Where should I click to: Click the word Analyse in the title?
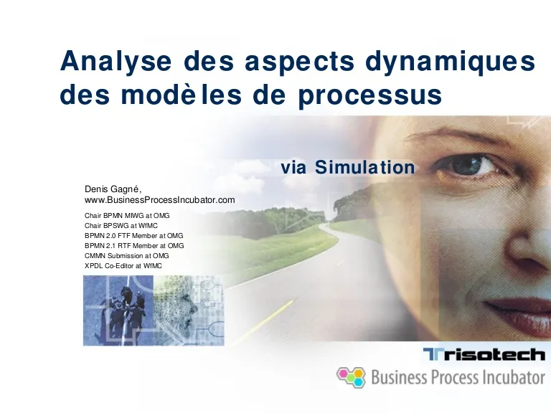116,61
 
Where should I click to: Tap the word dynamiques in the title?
450,62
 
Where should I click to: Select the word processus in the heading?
370,95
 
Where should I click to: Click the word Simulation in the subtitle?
364,167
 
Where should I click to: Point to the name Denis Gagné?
113,189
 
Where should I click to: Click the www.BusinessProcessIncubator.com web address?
159,200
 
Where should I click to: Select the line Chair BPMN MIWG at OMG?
127,216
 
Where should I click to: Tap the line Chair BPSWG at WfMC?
121,226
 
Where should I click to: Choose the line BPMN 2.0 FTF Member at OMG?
133,236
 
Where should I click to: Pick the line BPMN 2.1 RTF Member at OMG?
134,246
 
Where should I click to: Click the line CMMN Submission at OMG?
126,256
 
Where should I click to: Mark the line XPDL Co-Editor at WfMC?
123,266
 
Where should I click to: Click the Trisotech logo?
484,354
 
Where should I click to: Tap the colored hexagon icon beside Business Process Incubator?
351,377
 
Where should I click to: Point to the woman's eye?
473,166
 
